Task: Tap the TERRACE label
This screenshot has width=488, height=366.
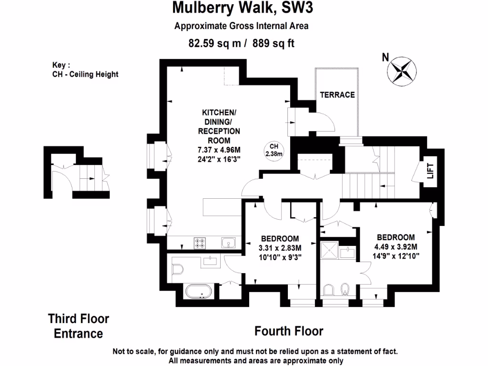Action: click(x=337, y=95)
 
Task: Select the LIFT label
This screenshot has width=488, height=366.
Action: click(x=430, y=170)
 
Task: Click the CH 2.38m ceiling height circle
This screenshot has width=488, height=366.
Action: click(x=274, y=150)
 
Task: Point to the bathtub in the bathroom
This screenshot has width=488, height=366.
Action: click(x=200, y=290)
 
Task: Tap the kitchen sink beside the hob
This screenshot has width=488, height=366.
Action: click(x=229, y=243)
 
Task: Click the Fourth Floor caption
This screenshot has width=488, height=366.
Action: click(x=289, y=331)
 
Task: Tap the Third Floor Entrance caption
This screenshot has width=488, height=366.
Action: click(x=79, y=326)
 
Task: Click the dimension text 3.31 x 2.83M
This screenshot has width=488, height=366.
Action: click(x=280, y=248)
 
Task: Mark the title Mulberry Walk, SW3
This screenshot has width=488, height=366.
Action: click(x=244, y=8)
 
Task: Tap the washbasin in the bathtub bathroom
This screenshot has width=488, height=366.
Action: click(x=210, y=260)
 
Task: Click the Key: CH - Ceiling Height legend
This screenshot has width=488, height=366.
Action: click(x=85, y=70)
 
